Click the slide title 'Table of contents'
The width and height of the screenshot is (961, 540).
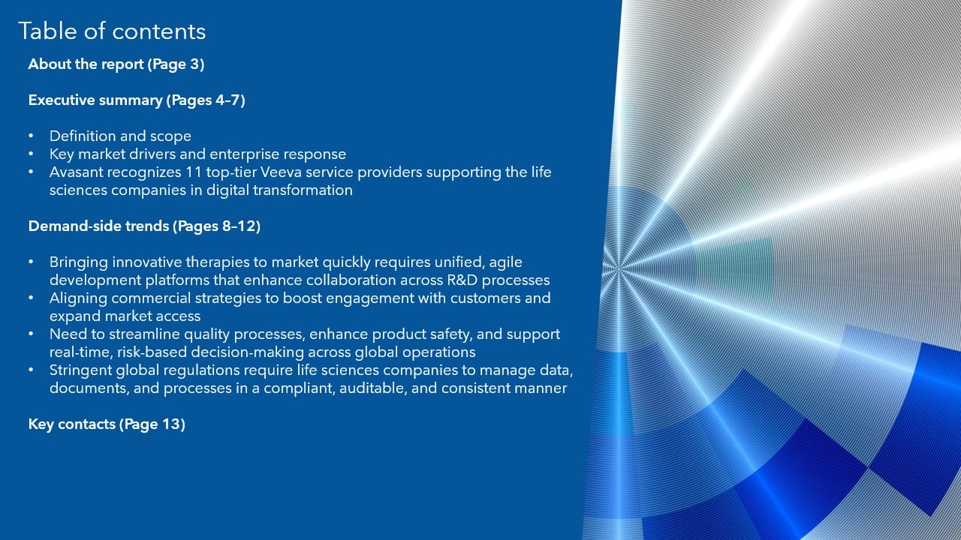pos(112,31)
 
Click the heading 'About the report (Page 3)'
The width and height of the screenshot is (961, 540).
pos(116,64)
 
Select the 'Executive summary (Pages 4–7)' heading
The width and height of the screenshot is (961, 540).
pos(137,100)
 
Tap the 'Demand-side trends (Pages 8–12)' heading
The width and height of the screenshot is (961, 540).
pos(144,226)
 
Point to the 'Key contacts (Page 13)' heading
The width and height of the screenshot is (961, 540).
pos(107,424)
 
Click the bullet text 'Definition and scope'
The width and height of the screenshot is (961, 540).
pos(120,136)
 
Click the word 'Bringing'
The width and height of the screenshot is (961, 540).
pos(79,262)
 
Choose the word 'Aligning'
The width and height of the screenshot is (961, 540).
pos(78,298)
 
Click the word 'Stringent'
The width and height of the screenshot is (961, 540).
pos(80,370)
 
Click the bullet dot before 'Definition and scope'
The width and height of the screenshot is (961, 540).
pos(31,136)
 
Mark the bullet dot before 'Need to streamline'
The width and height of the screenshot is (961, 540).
pos(31,334)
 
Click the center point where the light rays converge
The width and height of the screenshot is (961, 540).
pos(619,269)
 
